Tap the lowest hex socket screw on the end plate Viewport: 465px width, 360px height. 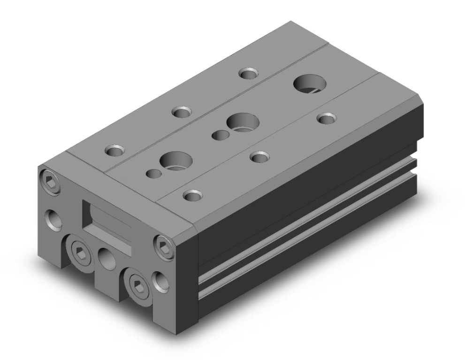[139, 285]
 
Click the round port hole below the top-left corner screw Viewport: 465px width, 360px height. [53, 219]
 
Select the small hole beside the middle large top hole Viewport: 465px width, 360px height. [220, 135]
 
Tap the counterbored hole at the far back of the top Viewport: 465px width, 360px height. [248, 73]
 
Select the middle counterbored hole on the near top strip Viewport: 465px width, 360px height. [259, 156]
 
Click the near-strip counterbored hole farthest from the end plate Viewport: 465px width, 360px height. [327, 118]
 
